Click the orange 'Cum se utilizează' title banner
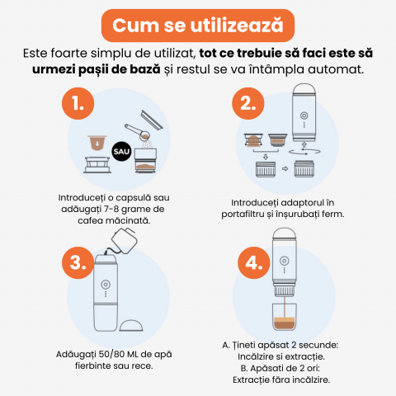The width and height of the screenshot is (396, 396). click(x=198, y=26)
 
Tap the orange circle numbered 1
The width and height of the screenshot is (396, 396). click(x=78, y=103)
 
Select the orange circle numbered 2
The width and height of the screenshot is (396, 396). click(x=248, y=103)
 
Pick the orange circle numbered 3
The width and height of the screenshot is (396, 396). click(x=78, y=262)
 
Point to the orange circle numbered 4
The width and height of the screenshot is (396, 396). click(x=254, y=262)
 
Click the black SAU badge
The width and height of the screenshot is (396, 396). click(x=121, y=151)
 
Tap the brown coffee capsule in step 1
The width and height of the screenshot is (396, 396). click(x=97, y=143)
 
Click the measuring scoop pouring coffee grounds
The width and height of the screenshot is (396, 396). click(x=138, y=132)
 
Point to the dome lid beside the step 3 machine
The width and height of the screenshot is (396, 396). click(x=131, y=325)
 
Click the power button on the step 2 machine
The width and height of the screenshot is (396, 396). click(x=304, y=115)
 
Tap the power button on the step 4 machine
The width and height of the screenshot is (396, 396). click(x=285, y=260)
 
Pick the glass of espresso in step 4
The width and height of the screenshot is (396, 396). click(x=285, y=317)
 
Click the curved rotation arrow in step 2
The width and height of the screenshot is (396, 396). click(x=304, y=152)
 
